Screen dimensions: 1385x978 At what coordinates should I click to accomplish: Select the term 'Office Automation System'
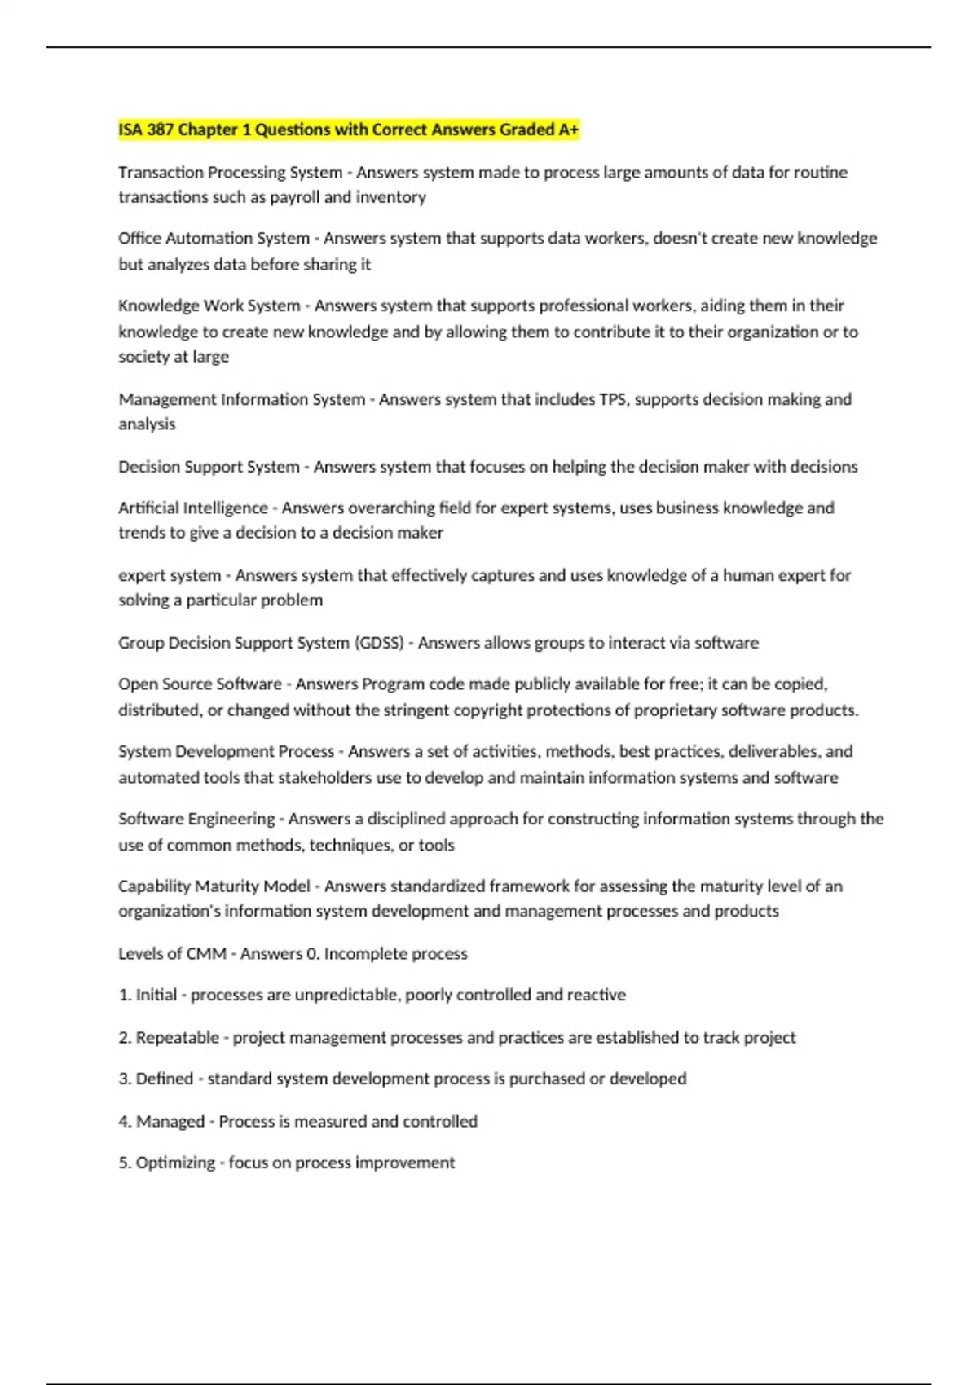(x=214, y=238)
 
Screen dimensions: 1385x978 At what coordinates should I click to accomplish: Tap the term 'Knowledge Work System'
(x=209, y=306)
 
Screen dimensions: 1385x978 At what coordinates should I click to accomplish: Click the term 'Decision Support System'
(x=209, y=467)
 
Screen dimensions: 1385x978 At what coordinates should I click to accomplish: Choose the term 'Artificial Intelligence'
(x=193, y=508)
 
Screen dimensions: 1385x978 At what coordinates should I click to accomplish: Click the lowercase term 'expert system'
(x=170, y=575)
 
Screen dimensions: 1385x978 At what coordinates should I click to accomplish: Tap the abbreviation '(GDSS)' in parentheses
(x=379, y=643)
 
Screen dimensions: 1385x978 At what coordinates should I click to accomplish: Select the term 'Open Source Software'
(x=200, y=684)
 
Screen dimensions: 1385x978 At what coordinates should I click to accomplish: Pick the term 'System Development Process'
(x=226, y=751)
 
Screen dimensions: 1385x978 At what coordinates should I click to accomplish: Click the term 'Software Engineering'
(x=196, y=818)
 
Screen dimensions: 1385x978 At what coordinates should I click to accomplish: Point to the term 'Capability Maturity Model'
(x=214, y=886)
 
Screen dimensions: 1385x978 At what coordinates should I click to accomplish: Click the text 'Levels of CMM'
(x=172, y=953)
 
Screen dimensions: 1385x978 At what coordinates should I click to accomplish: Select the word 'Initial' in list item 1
(x=156, y=995)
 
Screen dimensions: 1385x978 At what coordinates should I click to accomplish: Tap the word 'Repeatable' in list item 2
(x=177, y=1037)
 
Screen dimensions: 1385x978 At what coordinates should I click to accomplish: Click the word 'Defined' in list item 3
(x=164, y=1079)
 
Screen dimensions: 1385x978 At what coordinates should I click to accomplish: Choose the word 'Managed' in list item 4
(x=170, y=1121)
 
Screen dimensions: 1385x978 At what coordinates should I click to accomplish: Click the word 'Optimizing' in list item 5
(x=174, y=1163)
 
